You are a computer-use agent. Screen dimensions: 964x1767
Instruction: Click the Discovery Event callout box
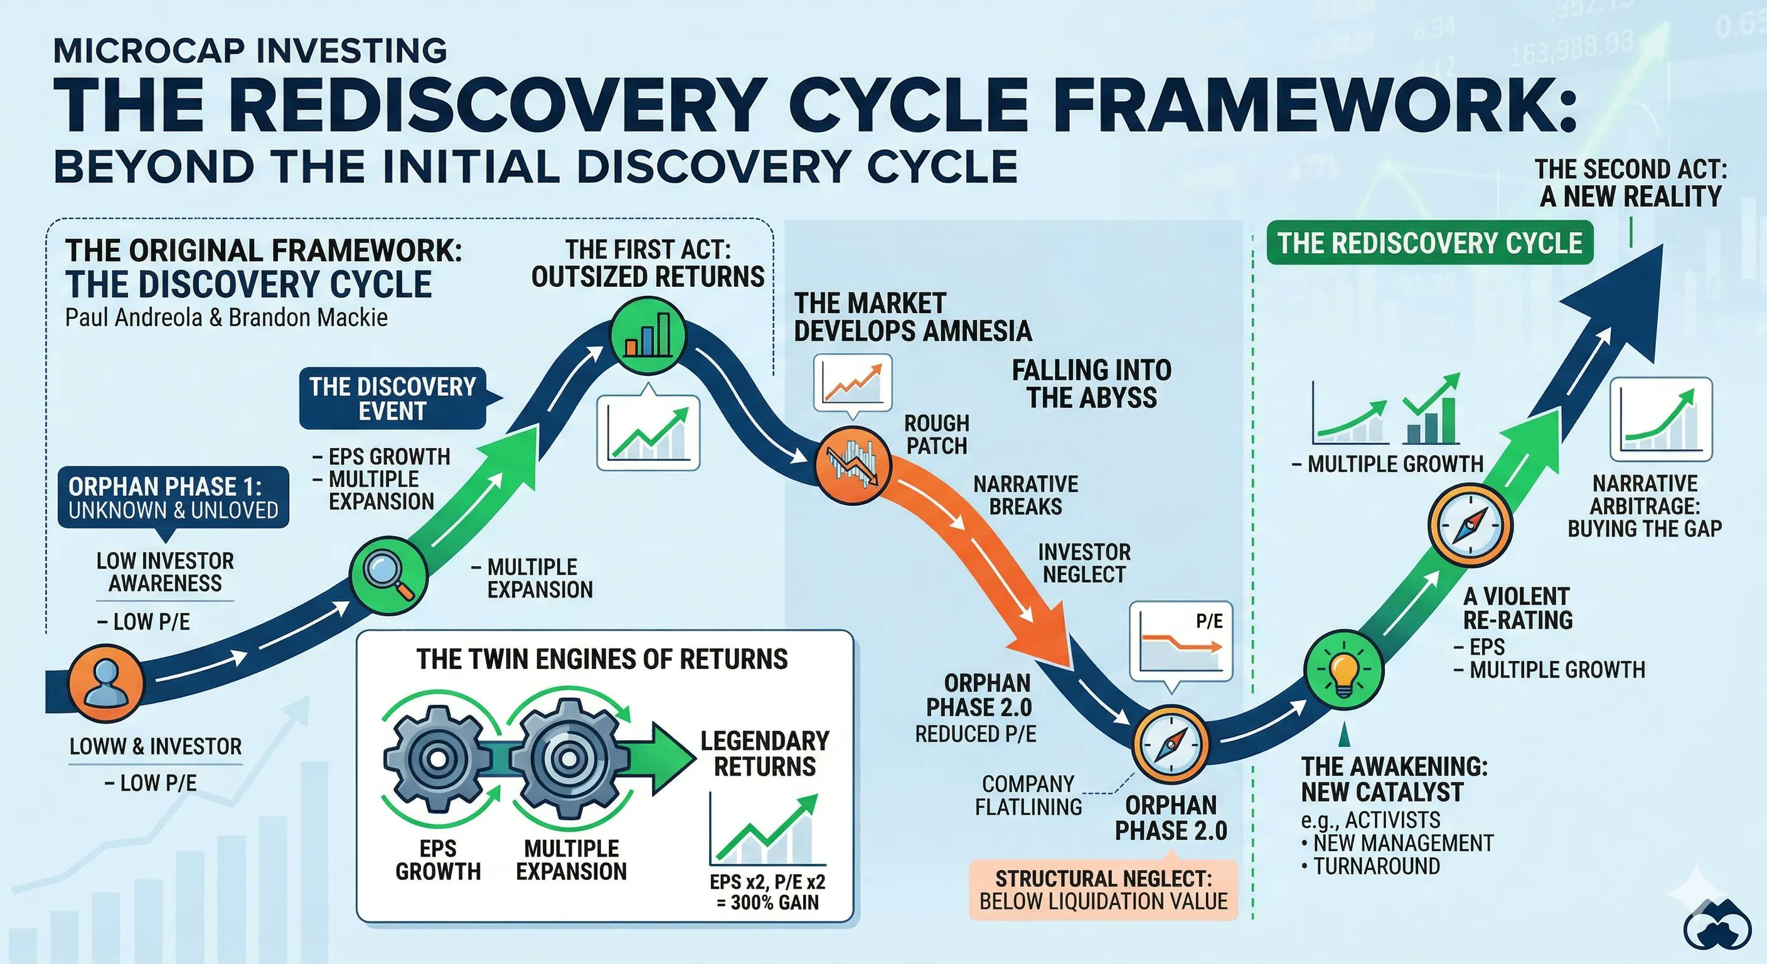(392, 399)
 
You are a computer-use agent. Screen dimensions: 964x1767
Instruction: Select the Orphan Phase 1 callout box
(173, 498)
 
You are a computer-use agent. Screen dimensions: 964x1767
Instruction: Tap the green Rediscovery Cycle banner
(1429, 243)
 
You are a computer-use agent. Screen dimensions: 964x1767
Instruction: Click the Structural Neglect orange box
(1103, 889)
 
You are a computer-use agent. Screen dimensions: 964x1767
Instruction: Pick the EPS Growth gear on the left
(436, 758)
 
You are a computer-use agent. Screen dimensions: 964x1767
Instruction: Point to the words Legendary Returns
(765, 753)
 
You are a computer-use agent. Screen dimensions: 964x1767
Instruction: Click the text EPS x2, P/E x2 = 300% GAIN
(767, 891)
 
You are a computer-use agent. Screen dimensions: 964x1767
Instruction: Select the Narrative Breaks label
(1025, 495)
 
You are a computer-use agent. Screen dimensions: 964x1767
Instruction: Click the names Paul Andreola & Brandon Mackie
(227, 318)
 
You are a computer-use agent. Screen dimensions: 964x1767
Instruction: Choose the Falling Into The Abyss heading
(1091, 384)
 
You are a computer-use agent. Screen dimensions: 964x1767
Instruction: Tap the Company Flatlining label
(1028, 795)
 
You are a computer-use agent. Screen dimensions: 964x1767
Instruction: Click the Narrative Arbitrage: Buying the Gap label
(1645, 506)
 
